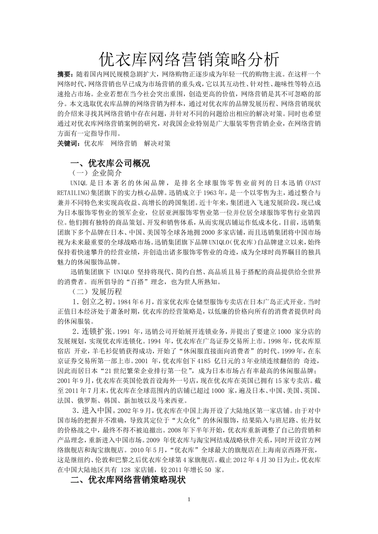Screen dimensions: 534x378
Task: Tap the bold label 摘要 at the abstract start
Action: click(64, 74)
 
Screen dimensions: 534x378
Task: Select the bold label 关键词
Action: click(67, 143)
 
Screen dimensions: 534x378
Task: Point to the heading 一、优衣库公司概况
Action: click(110, 163)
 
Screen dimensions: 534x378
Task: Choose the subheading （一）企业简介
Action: click(97, 173)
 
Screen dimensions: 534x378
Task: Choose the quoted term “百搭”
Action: click(125, 282)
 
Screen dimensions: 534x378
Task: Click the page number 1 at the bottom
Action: click(189, 499)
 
